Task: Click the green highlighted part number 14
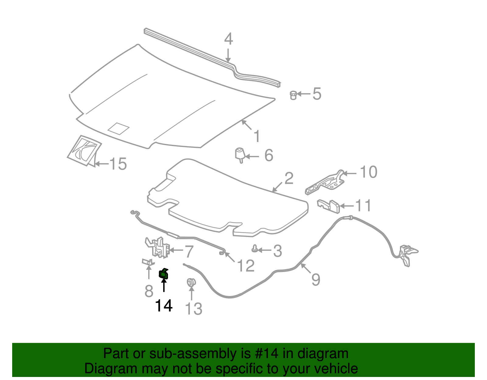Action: (164, 274)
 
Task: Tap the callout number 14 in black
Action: (164, 305)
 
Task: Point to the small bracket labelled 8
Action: (148, 262)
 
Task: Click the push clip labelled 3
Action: (254, 249)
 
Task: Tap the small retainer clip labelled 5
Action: (293, 95)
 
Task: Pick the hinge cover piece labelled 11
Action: (329, 206)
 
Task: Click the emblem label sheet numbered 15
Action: (84, 150)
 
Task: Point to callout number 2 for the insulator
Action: (289, 178)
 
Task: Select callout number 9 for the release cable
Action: (316, 279)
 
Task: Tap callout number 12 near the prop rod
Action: (245, 266)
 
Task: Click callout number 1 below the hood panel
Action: (257, 136)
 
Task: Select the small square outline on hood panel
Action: (118, 128)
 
